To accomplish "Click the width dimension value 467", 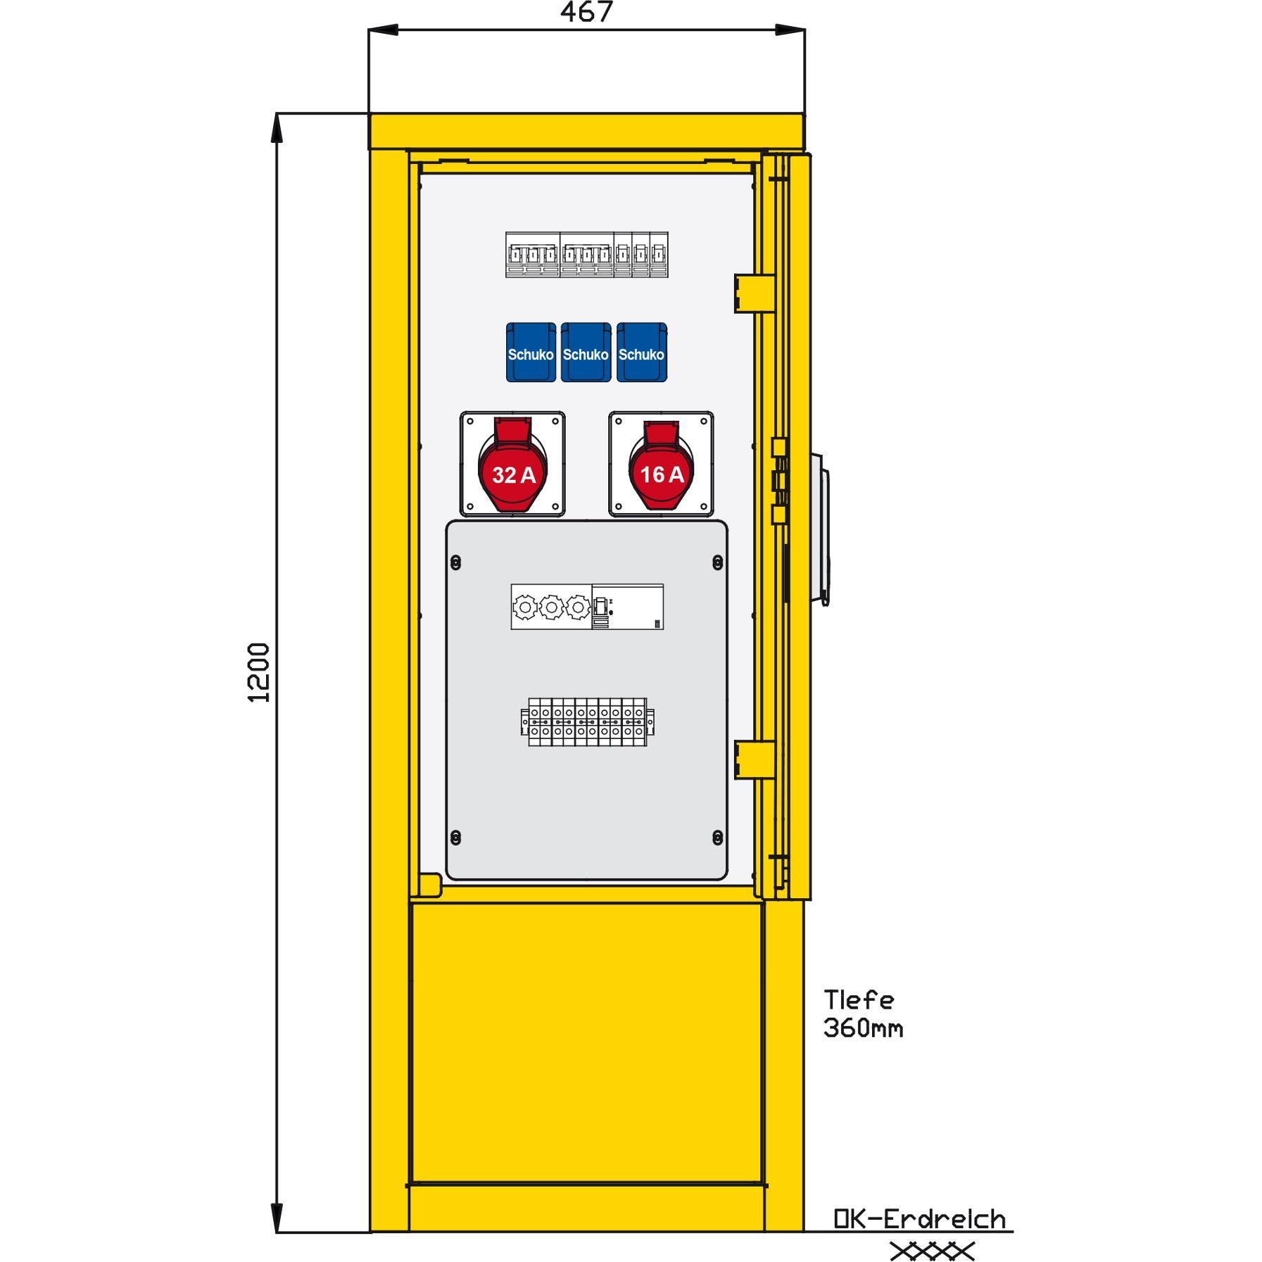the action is (586, 12).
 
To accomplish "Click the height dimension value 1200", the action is (260, 672).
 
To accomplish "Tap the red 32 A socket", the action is (512, 465).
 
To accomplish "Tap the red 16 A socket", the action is (661, 465).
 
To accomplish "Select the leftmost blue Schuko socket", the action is (531, 353).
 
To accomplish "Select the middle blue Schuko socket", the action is (586, 353).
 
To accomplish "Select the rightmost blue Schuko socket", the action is (641, 353).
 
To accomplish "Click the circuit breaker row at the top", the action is (587, 255).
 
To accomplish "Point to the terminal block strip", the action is (587, 722).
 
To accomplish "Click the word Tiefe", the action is (859, 999).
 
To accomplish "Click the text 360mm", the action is (863, 1028).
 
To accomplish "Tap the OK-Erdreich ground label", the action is (919, 1218).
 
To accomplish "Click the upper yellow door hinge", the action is (755, 293).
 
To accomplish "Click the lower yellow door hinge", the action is (755, 760).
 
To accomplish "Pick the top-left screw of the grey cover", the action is (455, 562).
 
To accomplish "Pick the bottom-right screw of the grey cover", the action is (718, 838).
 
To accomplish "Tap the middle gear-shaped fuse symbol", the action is (551, 607).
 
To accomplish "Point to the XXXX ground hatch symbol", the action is (933, 1251).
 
